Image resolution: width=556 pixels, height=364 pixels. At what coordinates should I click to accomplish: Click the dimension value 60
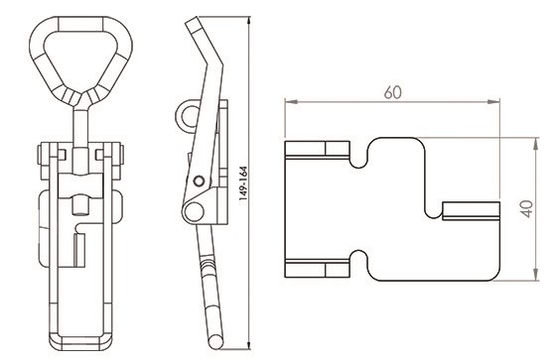[x=392, y=92]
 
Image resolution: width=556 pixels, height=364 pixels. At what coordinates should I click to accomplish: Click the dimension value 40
[x=527, y=209]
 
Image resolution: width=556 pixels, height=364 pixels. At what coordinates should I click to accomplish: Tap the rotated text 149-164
[x=243, y=183]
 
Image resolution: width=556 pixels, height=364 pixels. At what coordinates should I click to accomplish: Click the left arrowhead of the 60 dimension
[x=291, y=102]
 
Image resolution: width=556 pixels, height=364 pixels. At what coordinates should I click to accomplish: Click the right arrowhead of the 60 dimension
[x=493, y=102]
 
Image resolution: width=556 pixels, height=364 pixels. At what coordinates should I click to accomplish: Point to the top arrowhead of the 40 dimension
[x=536, y=144]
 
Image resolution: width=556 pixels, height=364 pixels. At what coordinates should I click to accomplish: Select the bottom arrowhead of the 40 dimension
[x=536, y=275]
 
